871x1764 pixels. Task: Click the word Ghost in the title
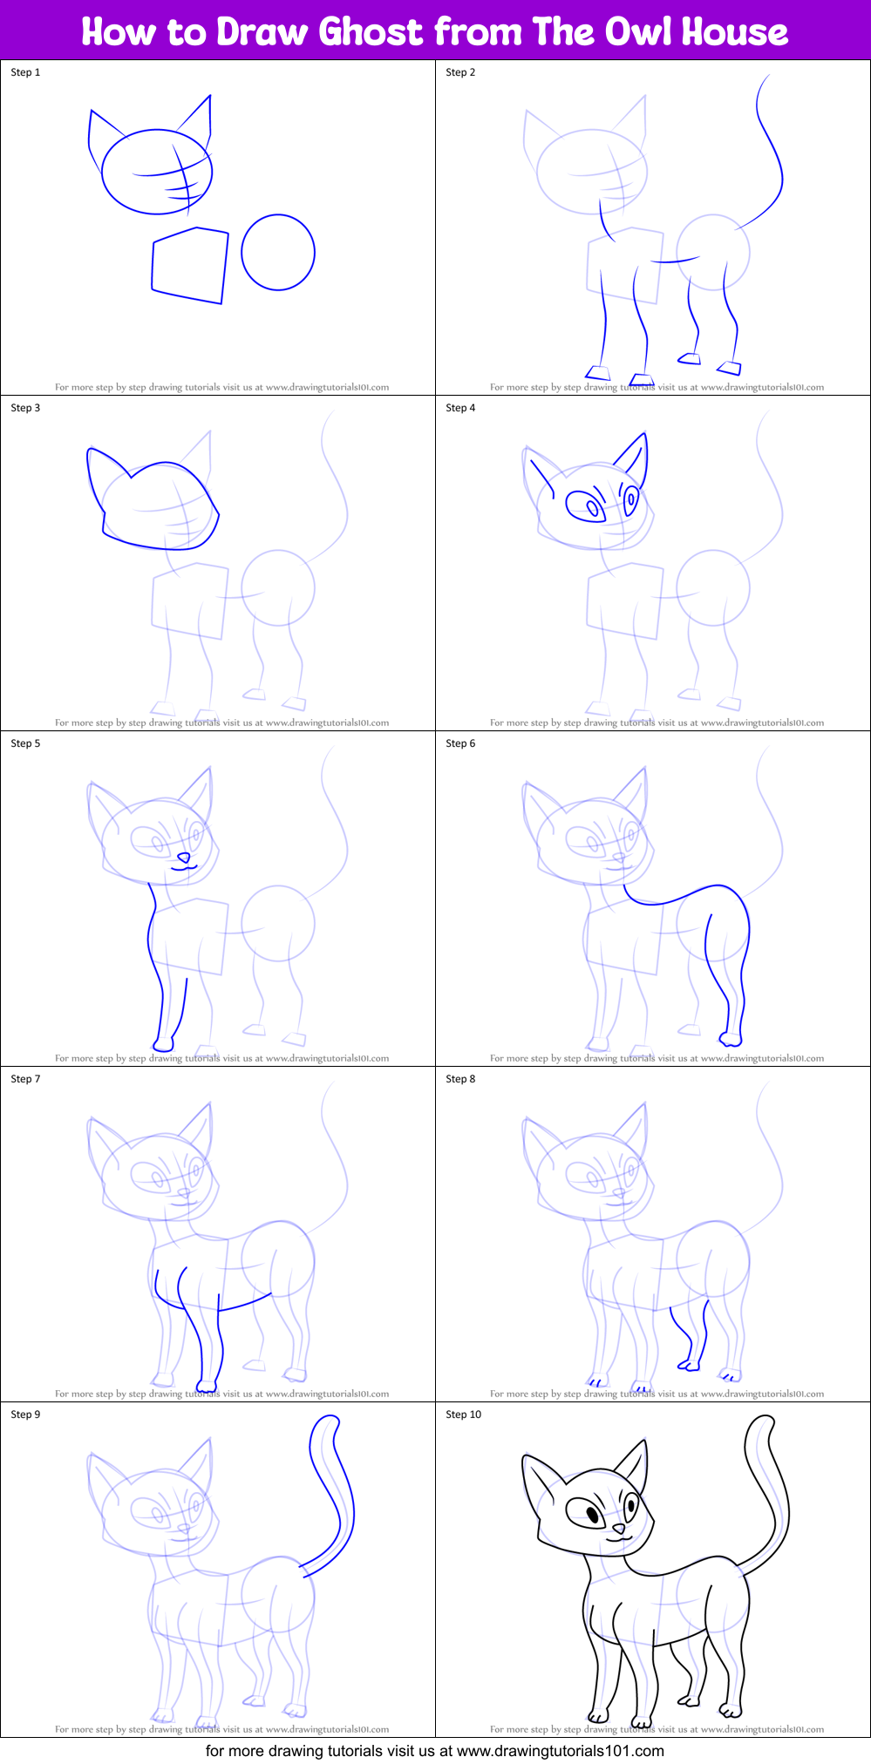pyautogui.click(x=371, y=31)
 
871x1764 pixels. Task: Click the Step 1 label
pyautogui.click(x=25, y=72)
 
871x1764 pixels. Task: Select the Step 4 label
pyautogui.click(x=460, y=408)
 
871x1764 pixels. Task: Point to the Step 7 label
pyautogui.click(x=25, y=1079)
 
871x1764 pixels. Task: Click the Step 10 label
pyautogui.click(x=463, y=1415)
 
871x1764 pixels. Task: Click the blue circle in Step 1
pyautogui.click(x=278, y=252)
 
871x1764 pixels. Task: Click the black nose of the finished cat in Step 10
pyautogui.click(x=618, y=1529)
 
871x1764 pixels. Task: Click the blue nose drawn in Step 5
pyautogui.click(x=183, y=858)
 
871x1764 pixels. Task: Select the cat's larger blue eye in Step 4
pyautogui.click(x=584, y=505)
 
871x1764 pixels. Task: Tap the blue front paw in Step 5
pyautogui.click(x=163, y=1043)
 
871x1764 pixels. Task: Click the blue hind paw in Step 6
pyautogui.click(x=731, y=1039)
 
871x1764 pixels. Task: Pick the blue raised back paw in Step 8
pyautogui.click(x=689, y=1364)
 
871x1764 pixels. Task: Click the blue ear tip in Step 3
pyautogui.click(x=91, y=451)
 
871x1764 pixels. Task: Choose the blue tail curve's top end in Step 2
pyautogui.click(x=769, y=76)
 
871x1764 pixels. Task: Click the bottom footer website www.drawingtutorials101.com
pyautogui.click(x=560, y=1750)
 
